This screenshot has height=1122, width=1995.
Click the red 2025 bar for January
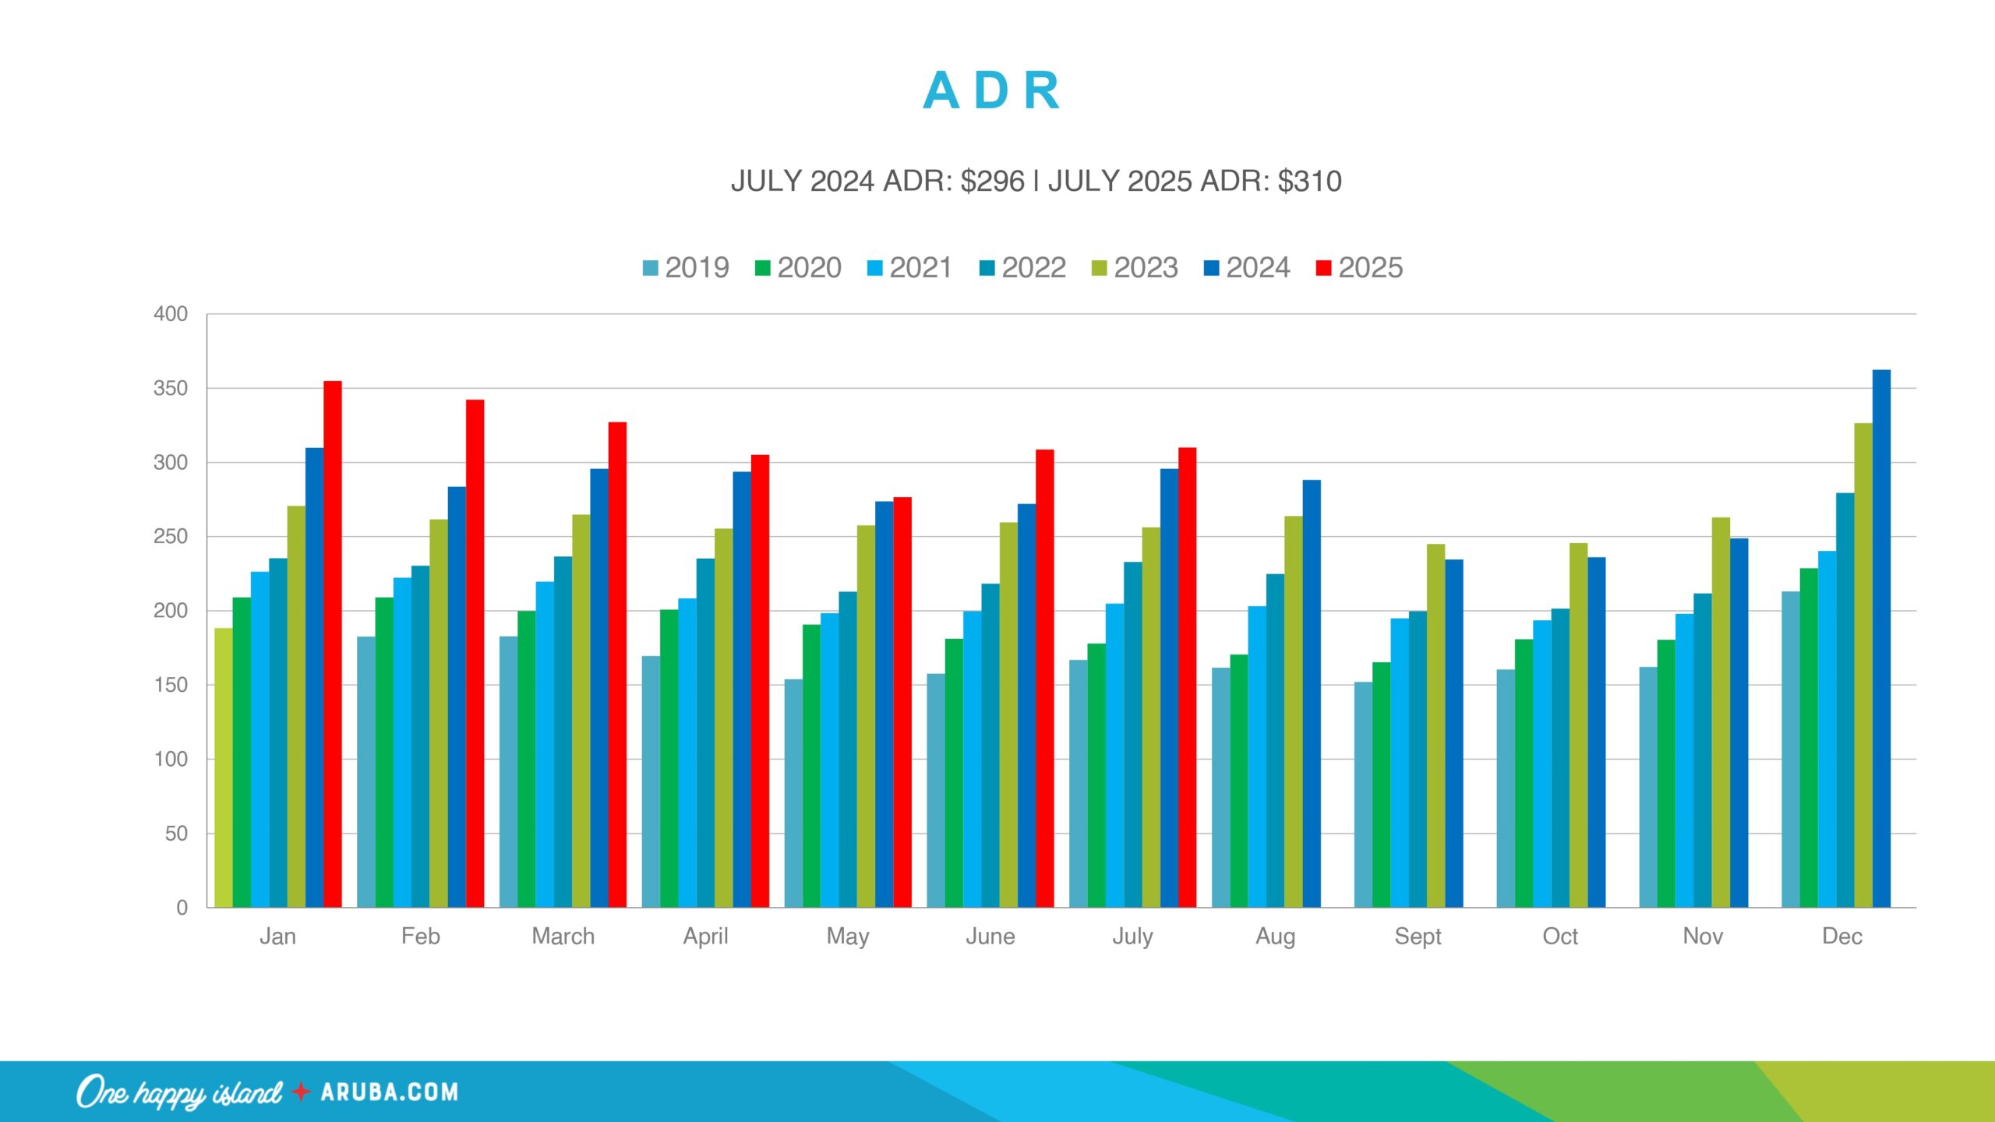[x=333, y=647]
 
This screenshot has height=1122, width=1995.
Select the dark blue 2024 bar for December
[x=1881, y=639]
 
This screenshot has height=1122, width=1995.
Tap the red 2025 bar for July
[x=1187, y=678]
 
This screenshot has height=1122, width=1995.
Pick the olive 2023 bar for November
[x=1721, y=713]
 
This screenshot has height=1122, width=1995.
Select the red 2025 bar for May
[x=902, y=701]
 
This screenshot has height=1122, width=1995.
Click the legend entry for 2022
[x=1022, y=268]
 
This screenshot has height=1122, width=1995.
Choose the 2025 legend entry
[x=1359, y=268]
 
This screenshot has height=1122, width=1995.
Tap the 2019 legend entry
[x=686, y=268]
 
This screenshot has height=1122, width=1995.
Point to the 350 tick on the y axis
[x=171, y=388]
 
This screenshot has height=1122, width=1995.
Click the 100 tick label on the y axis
[x=171, y=759]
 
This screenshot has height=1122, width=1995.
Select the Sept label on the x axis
[x=1418, y=936]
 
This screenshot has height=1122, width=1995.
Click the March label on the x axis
[x=563, y=936]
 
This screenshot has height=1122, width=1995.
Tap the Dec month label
[x=1842, y=936]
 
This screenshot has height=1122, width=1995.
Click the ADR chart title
[x=991, y=90]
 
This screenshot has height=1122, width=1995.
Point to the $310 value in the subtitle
[x=1309, y=181]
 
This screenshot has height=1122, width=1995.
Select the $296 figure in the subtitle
[x=992, y=181]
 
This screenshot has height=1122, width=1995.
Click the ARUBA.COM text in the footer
[x=389, y=1092]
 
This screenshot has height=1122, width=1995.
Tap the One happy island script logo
[x=179, y=1092]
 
